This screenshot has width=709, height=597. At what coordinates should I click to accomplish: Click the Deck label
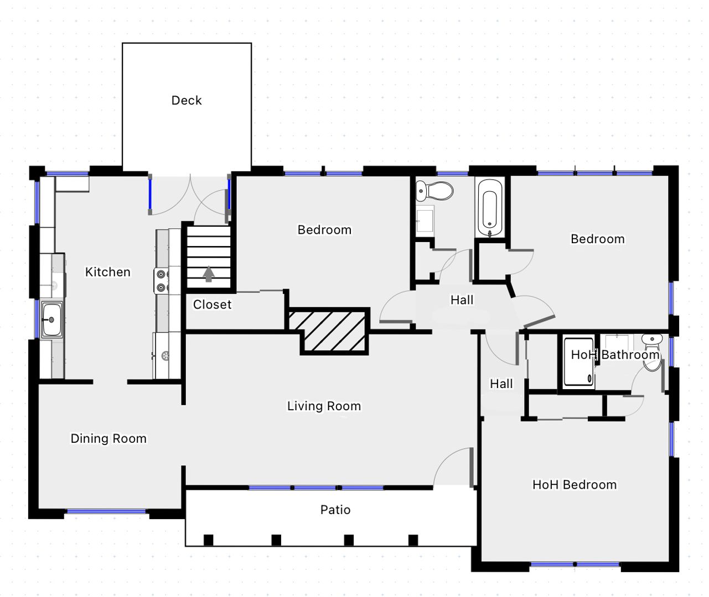pyautogui.click(x=187, y=101)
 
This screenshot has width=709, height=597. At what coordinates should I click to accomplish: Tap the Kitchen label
pyautogui.click(x=107, y=272)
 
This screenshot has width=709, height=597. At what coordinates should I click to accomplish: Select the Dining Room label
pyautogui.click(x=108, y=438)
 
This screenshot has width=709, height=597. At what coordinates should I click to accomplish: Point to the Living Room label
pyautogui.click(x=324, y=406)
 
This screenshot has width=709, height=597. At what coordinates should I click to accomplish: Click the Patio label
pyautogui.click(x=335, y=510)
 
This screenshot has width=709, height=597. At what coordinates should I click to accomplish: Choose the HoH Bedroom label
pyautogui.click(x=575, y=485)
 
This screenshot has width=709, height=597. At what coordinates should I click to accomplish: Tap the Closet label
pyautogui.click(x=212, y=305)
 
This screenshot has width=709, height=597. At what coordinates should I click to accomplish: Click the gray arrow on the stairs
pyautogui.click(x=209, y=274)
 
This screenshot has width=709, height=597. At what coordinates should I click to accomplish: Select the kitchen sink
pyautogui.click(x=51, y=320)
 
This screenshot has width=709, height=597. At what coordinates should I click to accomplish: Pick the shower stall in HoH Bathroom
pyautogui.click(x=578, y=362)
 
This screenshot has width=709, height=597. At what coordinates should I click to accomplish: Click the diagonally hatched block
pyautogui.click(x=328, y=331)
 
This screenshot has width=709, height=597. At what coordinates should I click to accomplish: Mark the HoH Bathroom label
pyautogui.click(x=615, y=355)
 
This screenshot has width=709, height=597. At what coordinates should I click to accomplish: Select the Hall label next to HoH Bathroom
pyautogui.click(x=501, y=384)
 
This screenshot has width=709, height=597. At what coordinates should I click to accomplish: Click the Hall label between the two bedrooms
pyautogui.click(x=462, y=300)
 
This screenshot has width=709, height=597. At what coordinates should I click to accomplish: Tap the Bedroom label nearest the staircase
pyautogui.click(x=324, y=230)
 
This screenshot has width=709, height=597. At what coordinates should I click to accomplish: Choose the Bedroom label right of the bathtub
pyautogui.click(x=598, y=239)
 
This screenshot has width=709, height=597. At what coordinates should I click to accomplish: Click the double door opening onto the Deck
pyautogui.click(x=189, y=195)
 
